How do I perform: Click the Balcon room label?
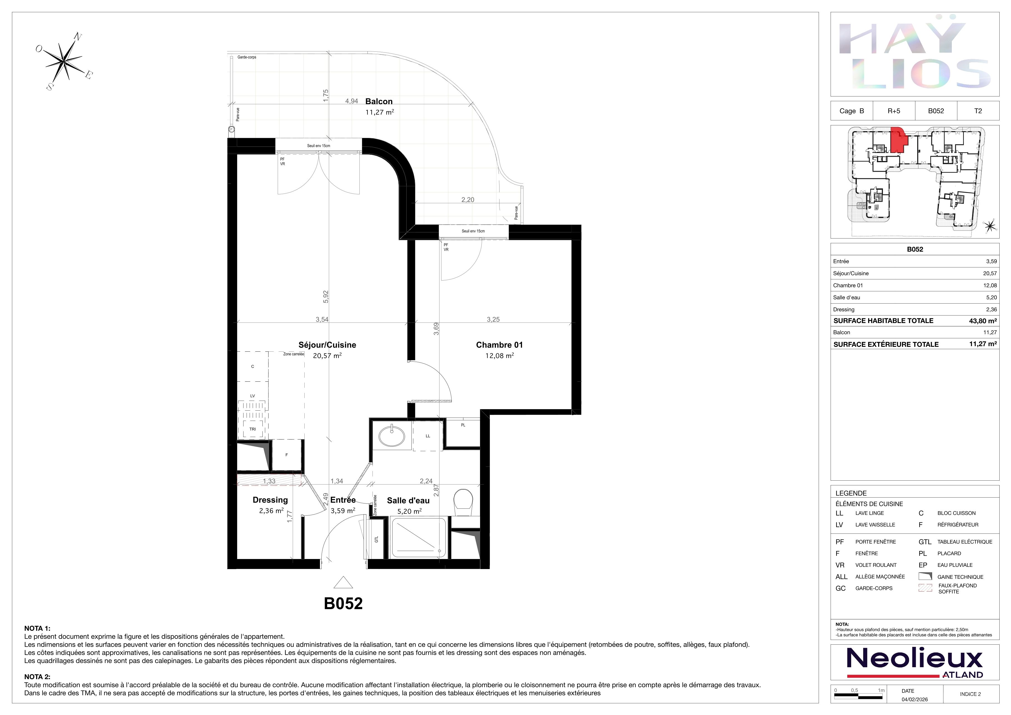(x=379, y=101)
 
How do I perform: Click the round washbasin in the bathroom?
(x=391, y=436)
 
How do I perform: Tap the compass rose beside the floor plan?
(x=65, y=62)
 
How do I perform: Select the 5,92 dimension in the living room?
(x=326, y=297)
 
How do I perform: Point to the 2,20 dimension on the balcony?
(x=468, y=199)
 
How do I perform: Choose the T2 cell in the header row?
(x=978, y=111)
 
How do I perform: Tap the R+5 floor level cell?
(x=894, y=111)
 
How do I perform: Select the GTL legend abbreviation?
(x=925, y=542)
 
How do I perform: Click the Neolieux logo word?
(x=915, y=659)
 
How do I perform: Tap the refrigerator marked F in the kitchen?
(x=287, y=455)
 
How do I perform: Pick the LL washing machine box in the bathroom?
(x=428, y=436)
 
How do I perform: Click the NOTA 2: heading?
(x=38, y=677)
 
